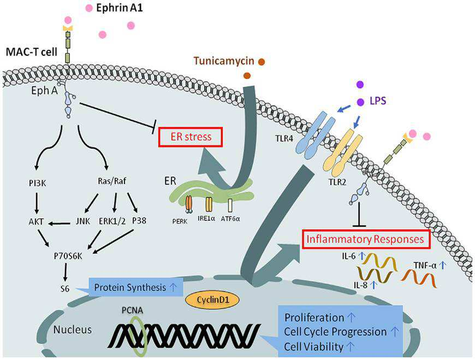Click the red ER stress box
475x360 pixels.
click(191, 137)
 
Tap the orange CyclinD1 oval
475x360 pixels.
click(212, 300)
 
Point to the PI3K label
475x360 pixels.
click(38, 183)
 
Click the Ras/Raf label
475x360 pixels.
click(112, 181)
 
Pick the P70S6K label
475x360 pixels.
click(68, 256)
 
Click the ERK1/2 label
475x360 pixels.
click(112, 221)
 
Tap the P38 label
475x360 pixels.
click(139, 220)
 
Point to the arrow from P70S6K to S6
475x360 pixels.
click(65, 272)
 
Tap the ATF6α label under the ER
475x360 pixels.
click(230, 218)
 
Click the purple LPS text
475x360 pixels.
click(378, 101)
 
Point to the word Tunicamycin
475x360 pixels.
click(224, 61)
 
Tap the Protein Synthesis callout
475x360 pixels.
click(135, 287)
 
